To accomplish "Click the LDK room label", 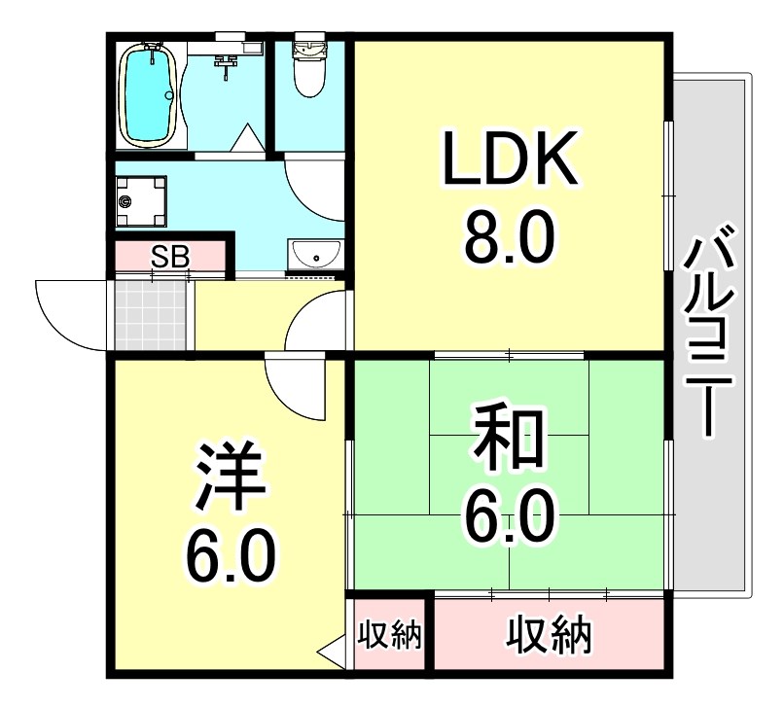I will [x=509, y=160].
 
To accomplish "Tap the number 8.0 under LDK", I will [x=509, y=238].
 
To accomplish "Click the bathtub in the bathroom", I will [x=149, y=93].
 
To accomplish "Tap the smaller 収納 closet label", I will [x=389, y=636].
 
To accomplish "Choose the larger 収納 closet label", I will [x=549, y=636].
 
